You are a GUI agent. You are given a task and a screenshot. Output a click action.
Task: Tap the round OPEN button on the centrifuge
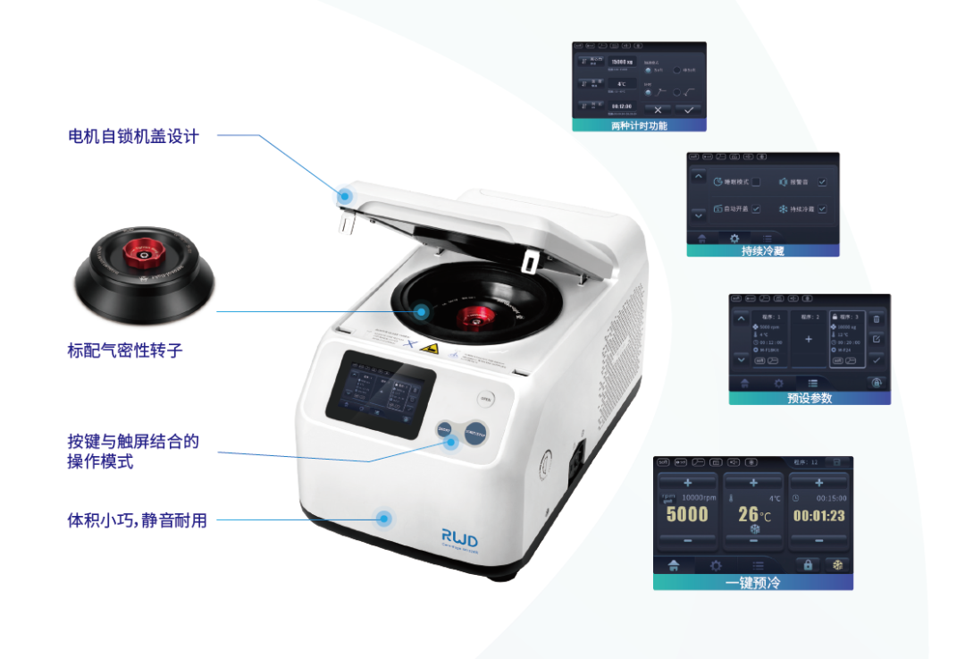[x=486, y=400]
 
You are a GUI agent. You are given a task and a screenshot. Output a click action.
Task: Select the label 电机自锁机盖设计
[x=133, y=137]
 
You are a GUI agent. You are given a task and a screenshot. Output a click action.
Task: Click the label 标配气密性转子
[x=125, y=351]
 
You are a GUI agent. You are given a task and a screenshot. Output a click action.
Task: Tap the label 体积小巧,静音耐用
[x=137, y=520]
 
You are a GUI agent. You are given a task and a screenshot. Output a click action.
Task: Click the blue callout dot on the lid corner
[x=345, y=194]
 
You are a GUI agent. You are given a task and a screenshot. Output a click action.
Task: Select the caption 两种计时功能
[x=639, y=126]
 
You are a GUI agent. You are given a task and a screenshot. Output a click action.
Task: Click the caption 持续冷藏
[x=762, y=251]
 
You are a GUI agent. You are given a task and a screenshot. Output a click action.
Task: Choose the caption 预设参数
[x=810, y=399]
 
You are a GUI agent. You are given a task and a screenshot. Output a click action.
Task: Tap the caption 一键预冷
[x=752, y=582]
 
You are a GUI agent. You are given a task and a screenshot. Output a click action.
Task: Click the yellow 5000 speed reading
[x=687, y=514]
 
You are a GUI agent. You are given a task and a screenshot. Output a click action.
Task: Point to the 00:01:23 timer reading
[x=818, y=515]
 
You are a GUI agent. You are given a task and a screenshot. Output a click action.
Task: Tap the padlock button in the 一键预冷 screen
[x=808, y=564]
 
